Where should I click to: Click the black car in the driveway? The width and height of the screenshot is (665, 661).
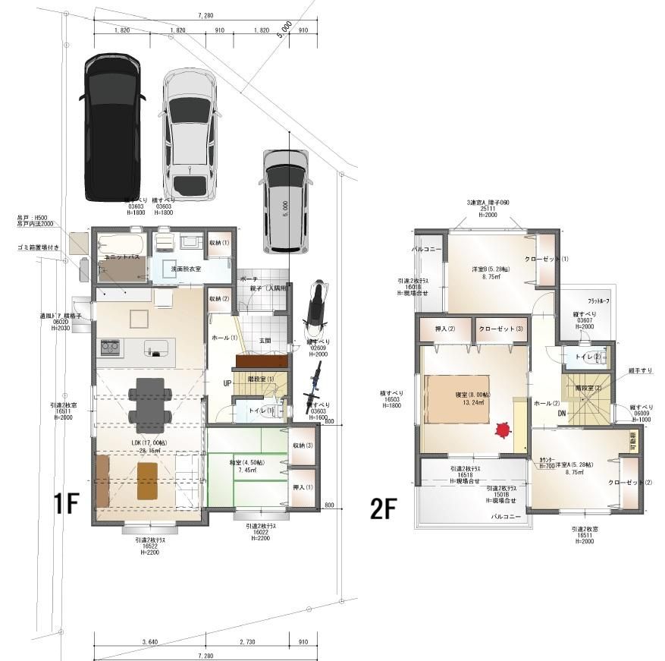click(111, 127)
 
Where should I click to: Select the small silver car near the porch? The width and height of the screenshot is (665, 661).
click(285, 200)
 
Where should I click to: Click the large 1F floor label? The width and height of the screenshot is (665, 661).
click(66, 505)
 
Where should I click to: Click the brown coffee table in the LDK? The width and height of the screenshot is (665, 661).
click(148, 481)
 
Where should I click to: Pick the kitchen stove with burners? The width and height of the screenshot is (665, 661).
click(109, 348)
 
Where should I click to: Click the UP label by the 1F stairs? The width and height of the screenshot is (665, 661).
click(227, 383)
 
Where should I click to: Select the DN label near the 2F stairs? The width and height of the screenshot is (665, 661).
click(562, 414)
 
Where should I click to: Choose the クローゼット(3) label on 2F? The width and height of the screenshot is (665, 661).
click(500, 329)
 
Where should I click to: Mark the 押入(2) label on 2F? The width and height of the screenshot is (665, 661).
click(444, 329)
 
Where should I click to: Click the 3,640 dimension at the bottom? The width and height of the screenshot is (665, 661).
click(149, 642)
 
